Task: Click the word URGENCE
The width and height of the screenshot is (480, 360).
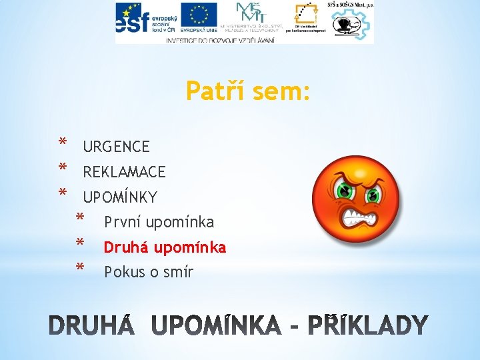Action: [116, 147]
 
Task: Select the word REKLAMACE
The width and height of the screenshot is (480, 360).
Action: [124, 172]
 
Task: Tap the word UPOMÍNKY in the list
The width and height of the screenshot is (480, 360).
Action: [120, 197]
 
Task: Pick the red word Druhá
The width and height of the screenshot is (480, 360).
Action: [126, 247]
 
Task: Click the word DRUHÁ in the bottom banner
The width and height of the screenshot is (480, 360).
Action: [94, 326]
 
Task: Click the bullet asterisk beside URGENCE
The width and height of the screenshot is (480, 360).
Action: [62, 143]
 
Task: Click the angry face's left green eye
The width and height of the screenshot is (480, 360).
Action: [345, 192]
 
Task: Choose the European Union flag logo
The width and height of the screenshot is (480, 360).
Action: [199, 17]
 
